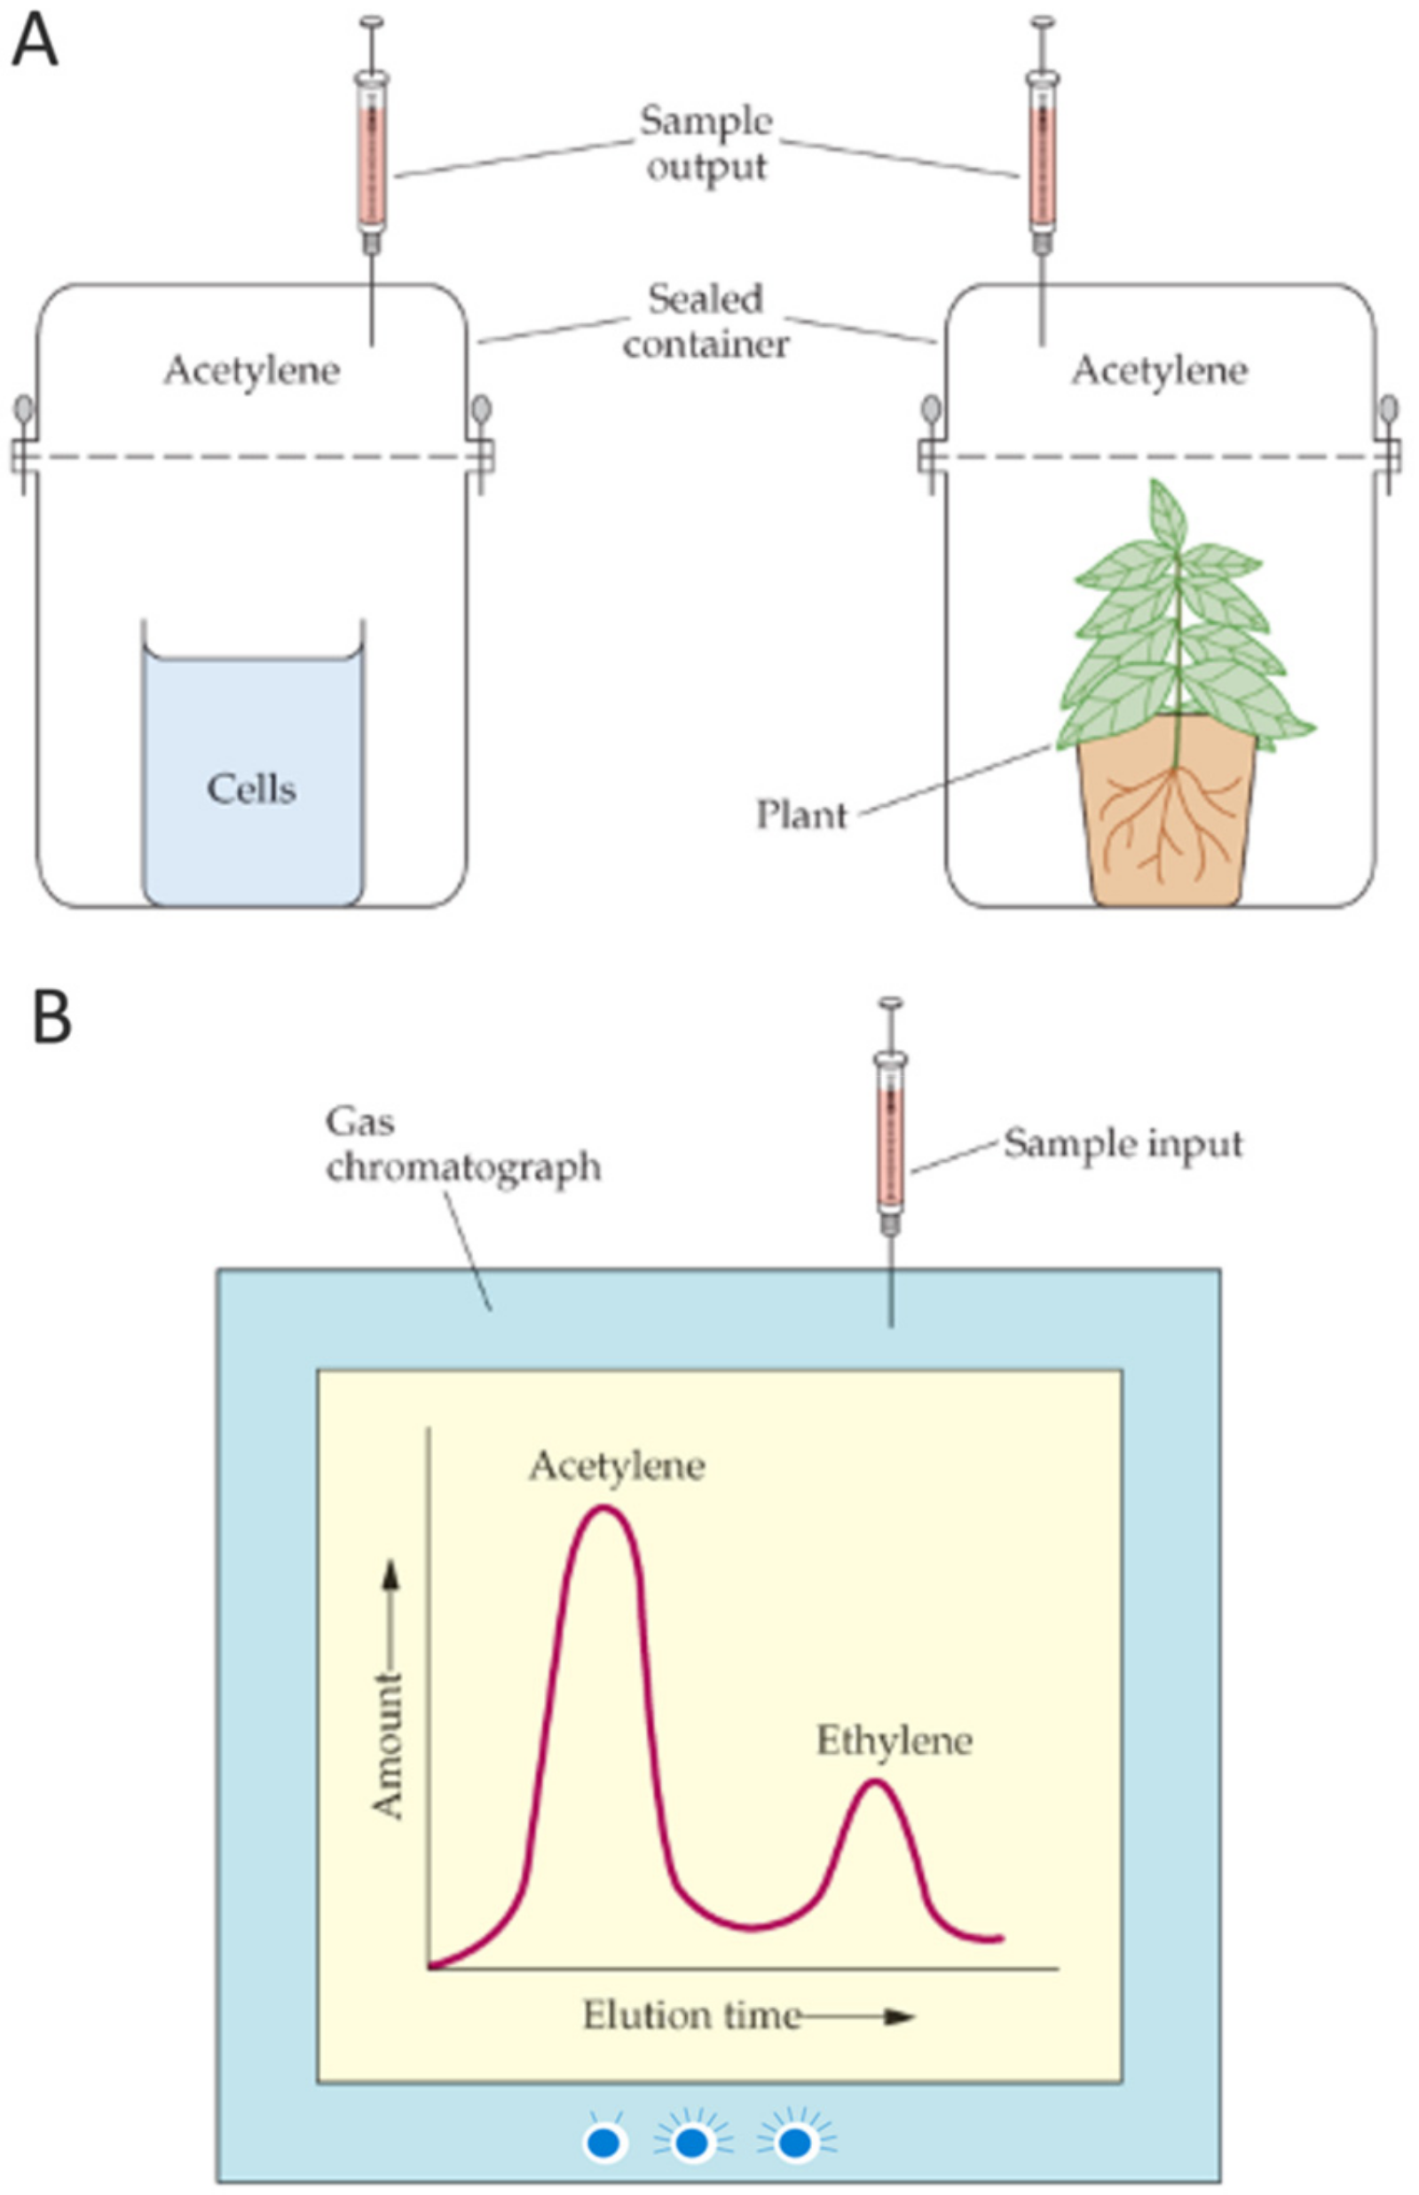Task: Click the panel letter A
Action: click(x=34, y=43)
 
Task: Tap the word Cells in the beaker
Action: click(x=250, y=789)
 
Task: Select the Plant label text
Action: click(x=800, y=815)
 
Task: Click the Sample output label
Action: click(x=706, y=144)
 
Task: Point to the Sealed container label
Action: click(x=706, y=321)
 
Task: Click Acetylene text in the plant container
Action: click(x=1159, y=370)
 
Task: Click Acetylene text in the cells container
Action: click(x=251, y=370)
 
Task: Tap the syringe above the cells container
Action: click(x=371, y=156)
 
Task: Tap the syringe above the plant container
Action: click(x=1042, y=156)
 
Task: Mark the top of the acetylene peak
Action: click(x=603, y=1509)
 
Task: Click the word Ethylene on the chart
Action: click(x=894, y=1741)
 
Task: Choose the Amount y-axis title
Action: click(x=387, y=1746)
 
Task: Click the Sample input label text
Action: click(x=1123, y=1143)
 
